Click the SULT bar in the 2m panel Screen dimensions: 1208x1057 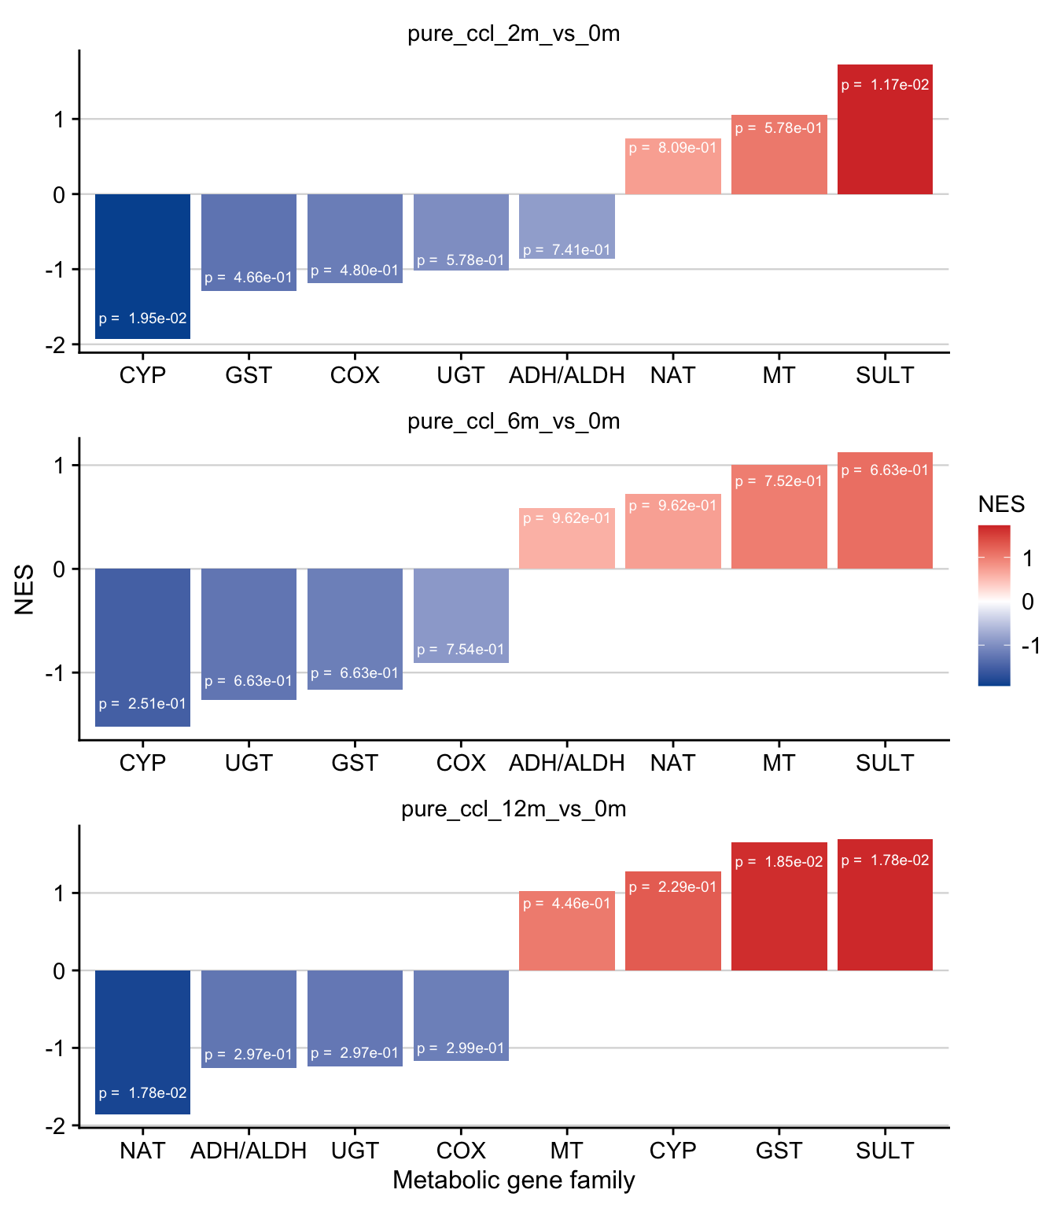(x=885, y=130)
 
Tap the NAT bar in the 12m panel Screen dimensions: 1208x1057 (x=142, y=1042)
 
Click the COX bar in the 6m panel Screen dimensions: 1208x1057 (x=461, y=615)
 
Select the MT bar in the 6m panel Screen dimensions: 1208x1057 (x=779, y=517)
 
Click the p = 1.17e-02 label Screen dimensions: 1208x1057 (x=885, y=85)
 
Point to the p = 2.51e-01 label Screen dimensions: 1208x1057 (x=142, y=704)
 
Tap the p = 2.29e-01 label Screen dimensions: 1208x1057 (x=672, y=887)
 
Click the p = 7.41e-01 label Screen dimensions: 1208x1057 (x=566, y=250)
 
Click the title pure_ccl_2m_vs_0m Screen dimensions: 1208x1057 (x=514, y=34)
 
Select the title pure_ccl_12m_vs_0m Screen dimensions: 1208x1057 (x=514, y=809)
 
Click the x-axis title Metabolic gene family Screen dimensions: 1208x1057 (x=514, y=1180)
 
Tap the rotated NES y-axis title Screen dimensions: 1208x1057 (x=24, y=589)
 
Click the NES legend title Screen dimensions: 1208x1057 (x=1001, y=504)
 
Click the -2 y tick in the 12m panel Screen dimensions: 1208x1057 (x=57, y=1126)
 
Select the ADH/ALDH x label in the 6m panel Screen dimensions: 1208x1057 (x=566, y=763)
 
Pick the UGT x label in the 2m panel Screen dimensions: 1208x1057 (x=461, y=375)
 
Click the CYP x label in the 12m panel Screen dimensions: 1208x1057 (x=672, y=1151)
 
